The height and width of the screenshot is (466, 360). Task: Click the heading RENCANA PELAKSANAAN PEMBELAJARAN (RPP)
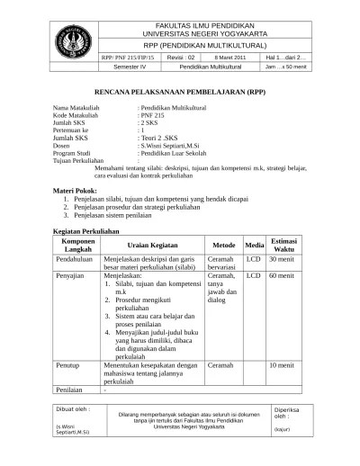pos(180,93)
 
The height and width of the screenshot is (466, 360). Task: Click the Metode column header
pos(223,245)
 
